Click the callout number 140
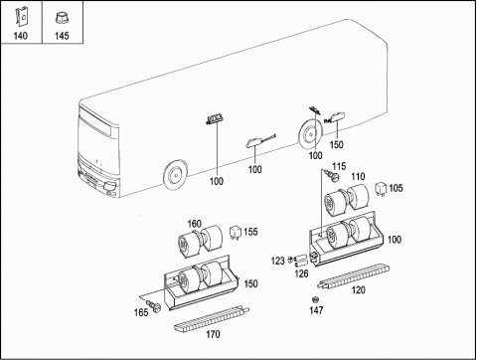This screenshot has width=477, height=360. (21, 36)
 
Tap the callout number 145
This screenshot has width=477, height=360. (62, 36)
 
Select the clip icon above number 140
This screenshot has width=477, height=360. (22, 16)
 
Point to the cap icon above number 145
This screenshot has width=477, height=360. (62, 17)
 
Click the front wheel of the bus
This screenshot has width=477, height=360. (175, 175)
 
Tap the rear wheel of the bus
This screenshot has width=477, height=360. (311, 134)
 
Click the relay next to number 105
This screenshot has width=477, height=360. (381, 189)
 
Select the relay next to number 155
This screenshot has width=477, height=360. (236, 233)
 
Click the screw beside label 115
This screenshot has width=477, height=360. (332, 175)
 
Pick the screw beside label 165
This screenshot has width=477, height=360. (153, 305)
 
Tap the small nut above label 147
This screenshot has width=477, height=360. (315, 299)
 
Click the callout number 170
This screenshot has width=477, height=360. (213, 334)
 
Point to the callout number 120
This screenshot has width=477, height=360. (358, 289)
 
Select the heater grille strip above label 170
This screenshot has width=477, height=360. (212, 318)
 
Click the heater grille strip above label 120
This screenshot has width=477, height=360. (353, 276)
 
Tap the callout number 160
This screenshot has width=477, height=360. (195, 224)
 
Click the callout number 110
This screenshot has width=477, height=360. (358, 176)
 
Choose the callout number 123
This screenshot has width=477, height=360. (278, 261)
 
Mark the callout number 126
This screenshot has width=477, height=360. (301, 273)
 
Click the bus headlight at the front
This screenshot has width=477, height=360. (109, 187)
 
